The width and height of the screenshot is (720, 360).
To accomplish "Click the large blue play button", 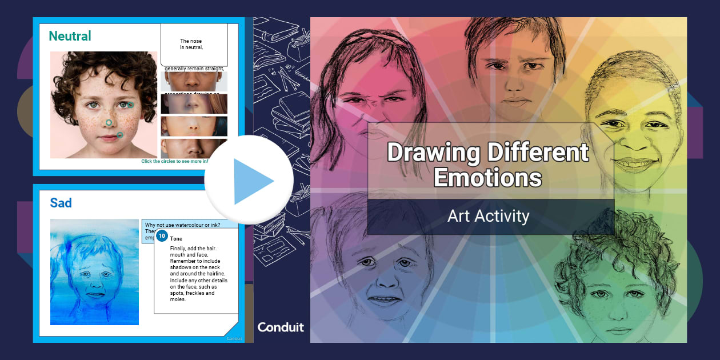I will [x=249, y=181].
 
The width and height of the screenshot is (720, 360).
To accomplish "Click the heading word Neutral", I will [x=70, y=36].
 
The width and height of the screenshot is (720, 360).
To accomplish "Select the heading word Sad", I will [x=61, y=202].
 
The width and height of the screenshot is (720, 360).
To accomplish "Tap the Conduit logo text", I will [x=281, y=327].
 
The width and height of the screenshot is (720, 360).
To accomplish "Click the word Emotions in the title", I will [x=487, y=177].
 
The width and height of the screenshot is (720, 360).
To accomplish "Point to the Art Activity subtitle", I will [x=488, y=217].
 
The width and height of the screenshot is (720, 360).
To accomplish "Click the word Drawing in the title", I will [x=433, y=153].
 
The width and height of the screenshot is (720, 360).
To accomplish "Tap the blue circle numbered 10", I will [x=162, y=236].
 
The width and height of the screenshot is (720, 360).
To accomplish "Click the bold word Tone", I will [x=177, y=238].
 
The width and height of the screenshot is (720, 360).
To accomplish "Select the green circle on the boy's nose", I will [x=109, y=122].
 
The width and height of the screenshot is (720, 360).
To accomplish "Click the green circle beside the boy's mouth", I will [x=120, y=135].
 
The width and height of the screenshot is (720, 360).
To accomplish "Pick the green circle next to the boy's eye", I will [x=130, y=105].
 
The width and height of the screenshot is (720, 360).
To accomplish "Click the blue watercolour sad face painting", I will [x=94, y=272].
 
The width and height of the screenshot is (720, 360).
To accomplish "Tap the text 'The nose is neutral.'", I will [x=191, y=45].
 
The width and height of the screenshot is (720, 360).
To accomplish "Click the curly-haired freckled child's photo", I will [x=103, y=105].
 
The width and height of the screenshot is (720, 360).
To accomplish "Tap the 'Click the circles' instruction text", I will [x=174, y=161].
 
